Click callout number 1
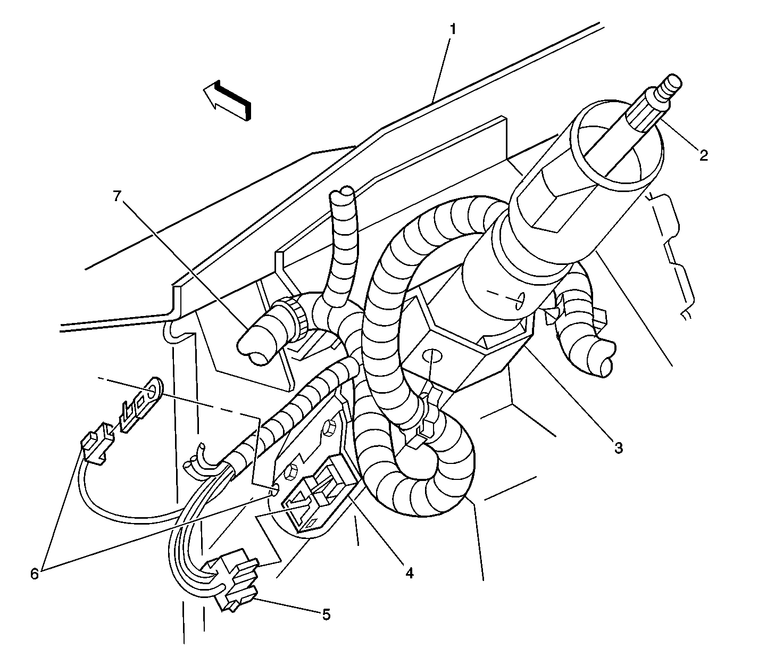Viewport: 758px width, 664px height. [x=452, y=29]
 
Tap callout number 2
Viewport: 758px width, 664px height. [x=704, y=154]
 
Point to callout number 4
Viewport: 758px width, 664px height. [x=409, y=573]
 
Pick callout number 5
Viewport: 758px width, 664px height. [x=326, y=615]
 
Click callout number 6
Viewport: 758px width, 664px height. [x=35, y=574]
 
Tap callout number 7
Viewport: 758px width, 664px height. [x=117, y=196]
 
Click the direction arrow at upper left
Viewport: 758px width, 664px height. [x=227, y=100]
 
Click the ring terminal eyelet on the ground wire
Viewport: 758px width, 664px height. [x=154, y=391]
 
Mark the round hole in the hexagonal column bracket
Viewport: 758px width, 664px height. [x=431, y=356]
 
